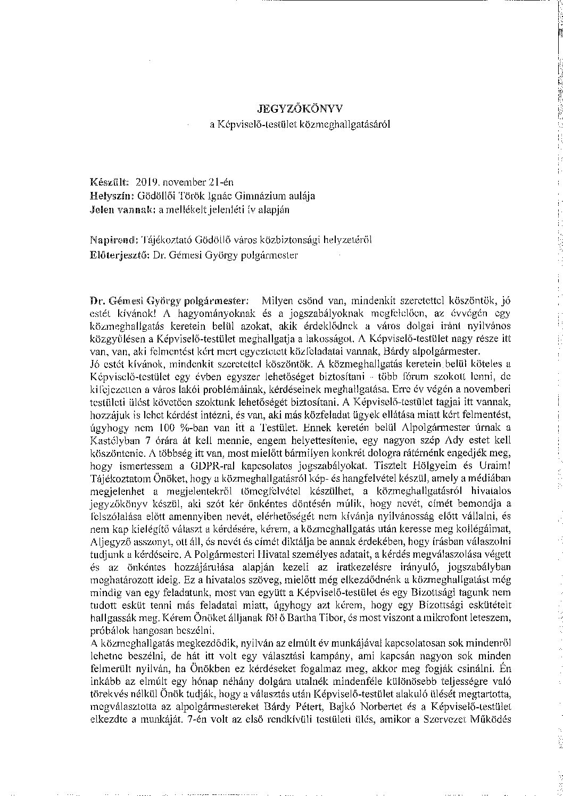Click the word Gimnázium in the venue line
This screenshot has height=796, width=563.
coord(250,195)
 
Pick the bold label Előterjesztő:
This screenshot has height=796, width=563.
coord(120,255)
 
